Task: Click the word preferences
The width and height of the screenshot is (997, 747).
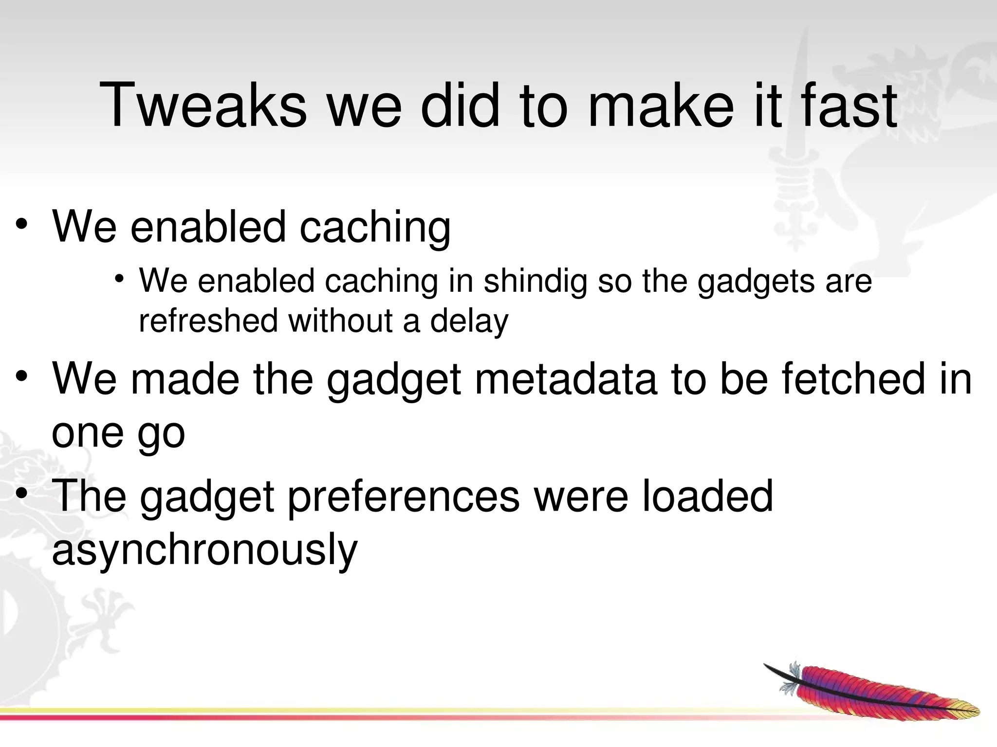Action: point(404,496)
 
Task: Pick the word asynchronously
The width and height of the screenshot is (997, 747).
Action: point(204,549)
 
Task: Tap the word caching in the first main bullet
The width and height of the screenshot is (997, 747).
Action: point(375,226)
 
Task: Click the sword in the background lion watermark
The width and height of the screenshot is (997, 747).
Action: point(798,160)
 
